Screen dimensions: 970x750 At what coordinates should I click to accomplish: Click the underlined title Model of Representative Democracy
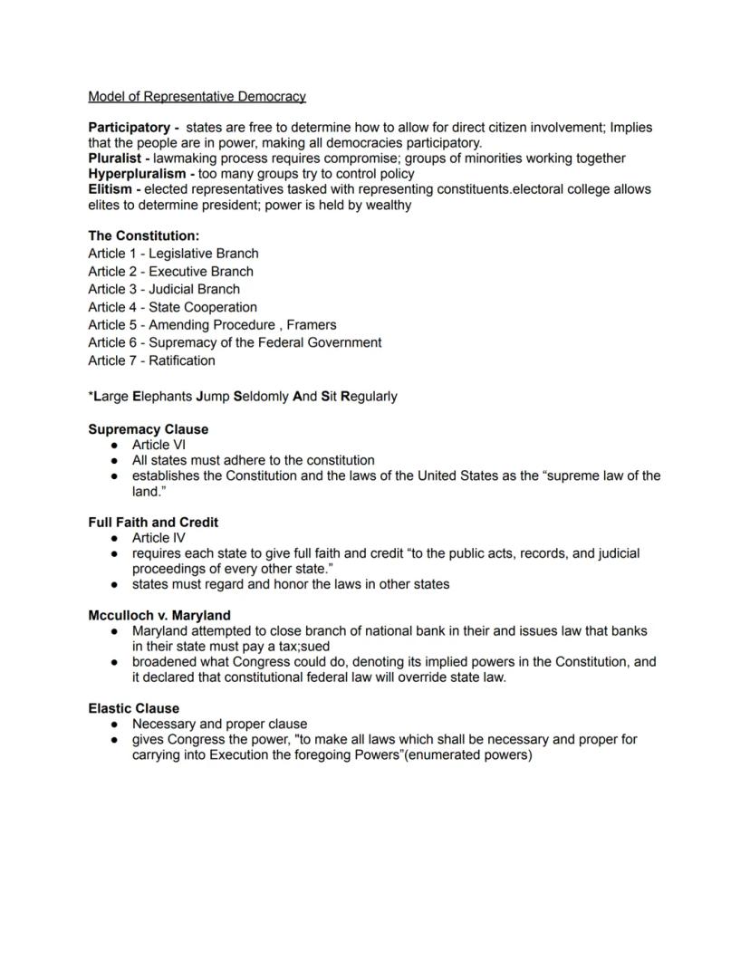(x=197, y=96)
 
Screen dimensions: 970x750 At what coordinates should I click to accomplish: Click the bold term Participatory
(x=129, y=128)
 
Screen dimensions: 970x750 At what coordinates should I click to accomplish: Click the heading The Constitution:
(x=143, y=235)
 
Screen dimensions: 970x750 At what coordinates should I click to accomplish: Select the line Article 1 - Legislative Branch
(x=173, y=254)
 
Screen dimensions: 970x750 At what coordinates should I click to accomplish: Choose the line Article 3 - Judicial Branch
(x=164, y=289)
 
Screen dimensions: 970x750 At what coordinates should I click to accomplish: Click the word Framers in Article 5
(x=312, y=324)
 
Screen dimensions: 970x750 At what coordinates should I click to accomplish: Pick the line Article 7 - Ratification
(x=151, y=360)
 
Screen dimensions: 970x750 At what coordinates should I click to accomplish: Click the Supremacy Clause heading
(x=148, y=429)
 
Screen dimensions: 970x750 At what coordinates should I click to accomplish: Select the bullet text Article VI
(x=159, y=445)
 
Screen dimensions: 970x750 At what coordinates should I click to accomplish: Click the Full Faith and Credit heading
(x=153, y=523)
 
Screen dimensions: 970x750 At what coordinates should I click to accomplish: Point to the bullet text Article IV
(x=159, y=538)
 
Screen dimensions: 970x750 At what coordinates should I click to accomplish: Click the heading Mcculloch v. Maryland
(x=159, y=615)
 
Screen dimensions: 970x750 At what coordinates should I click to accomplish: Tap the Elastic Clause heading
(x=133, y=708)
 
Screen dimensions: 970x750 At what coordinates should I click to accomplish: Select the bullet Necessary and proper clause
(x=219, y=724)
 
